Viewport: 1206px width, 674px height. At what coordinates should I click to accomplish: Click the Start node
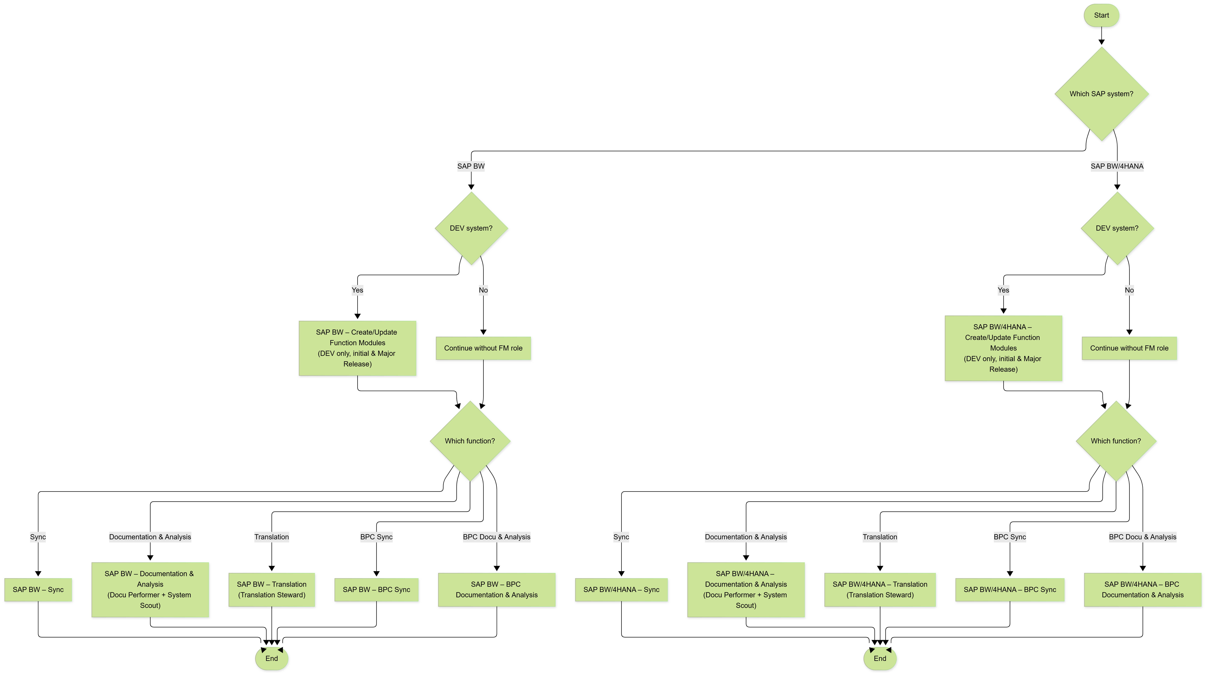point(1101,15)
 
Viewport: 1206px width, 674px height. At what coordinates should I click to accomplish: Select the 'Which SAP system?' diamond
point(1101,94)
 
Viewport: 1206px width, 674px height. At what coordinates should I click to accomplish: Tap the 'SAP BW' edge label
point(471,166)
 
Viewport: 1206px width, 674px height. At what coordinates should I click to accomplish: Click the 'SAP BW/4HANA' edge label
point(1117,166)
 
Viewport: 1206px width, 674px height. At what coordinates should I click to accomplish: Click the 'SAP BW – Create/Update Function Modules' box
point(357,348)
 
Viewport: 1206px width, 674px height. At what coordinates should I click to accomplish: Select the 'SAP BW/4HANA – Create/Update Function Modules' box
point(1003,348)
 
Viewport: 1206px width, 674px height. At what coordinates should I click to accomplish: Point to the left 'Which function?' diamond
point(470,441)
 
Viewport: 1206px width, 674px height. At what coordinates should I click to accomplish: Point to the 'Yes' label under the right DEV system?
point(1003,290)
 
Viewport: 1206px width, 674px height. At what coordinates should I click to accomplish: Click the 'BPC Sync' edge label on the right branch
point(1009,537)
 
